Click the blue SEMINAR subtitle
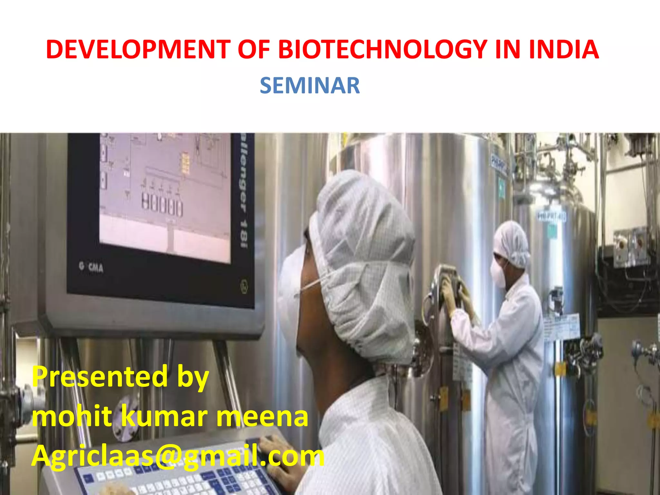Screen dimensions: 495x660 pos(310,86)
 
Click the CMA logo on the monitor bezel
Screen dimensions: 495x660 pos(92,267)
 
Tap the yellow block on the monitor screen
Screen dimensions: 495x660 pos(185,163)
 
